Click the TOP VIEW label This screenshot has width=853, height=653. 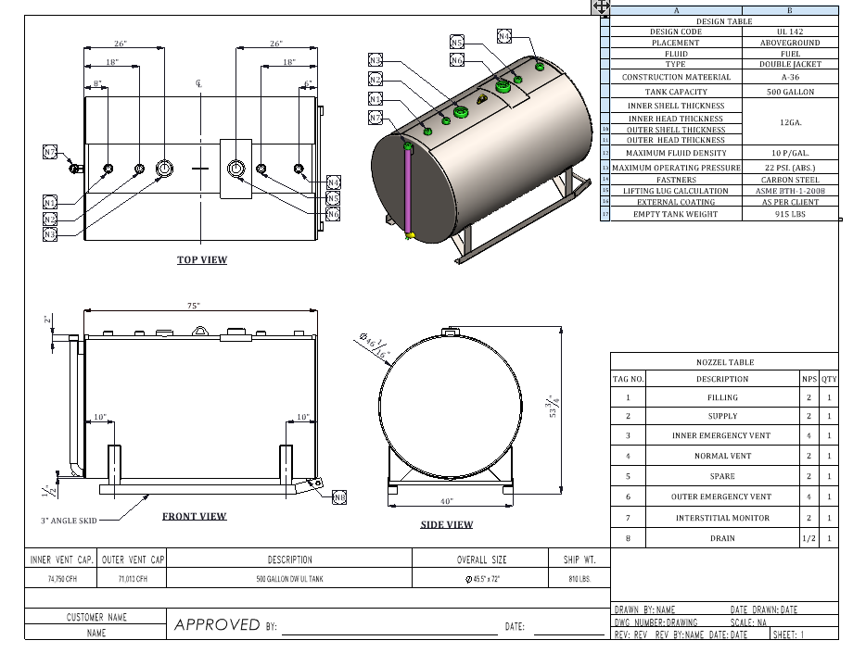[x=202, y=260]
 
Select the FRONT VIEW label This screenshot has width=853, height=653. [x=194, y=517]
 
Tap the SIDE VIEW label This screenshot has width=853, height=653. [x=447, y=525]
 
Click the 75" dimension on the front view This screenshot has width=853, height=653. [x=194, y=305]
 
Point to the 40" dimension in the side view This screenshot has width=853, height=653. [x=447, y=502]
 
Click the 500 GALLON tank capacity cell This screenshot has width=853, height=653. [x=789, y=92]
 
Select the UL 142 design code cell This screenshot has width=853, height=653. [x=789, y=31]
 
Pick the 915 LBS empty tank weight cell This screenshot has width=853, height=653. [x=789, y=214]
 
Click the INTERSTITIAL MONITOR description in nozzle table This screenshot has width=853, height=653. [x=722, y=519]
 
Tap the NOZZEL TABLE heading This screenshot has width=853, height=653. [x=725, y=362]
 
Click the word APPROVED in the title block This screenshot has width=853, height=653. [x=217, y=625]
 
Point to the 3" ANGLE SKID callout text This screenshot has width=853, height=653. [x=69, y=521]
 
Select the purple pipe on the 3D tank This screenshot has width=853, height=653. [x=407, y=190]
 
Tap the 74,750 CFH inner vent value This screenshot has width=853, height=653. [x=60, y=578]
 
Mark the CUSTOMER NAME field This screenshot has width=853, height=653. [x=96, y=617]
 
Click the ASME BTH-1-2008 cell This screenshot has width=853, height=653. [x=789, y=191]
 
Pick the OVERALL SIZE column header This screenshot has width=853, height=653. [x=482, y=559]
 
